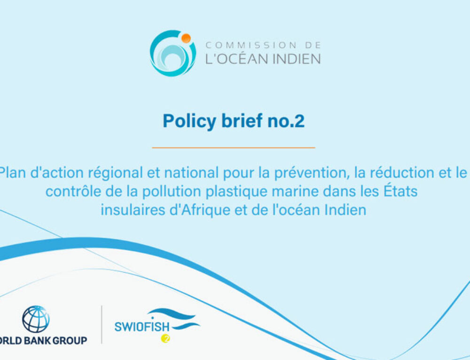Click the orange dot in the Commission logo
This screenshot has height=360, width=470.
[x=186, y=39]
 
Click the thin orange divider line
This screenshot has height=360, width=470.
[x=234, y=148]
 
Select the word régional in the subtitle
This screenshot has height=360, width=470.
[x=115, y=173]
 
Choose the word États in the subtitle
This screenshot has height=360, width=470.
[x=400, y=191]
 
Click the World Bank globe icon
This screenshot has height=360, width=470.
[x=36, y=319]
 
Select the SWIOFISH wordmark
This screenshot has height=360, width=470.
[x=142, y=327]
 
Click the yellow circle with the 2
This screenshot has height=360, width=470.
[x=165, y=338]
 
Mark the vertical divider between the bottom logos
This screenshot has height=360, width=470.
[x=102, y=325]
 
